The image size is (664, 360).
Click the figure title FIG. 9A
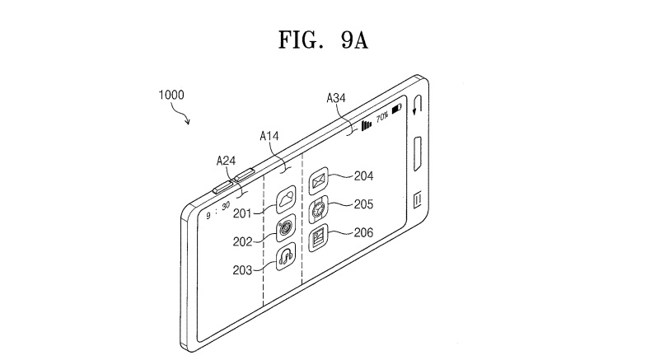coord(323,40)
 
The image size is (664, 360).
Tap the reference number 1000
coord(171,95)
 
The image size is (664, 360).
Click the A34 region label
coord(336,98)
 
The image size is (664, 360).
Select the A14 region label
coord(269,136)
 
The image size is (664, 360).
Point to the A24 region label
coord(226,161)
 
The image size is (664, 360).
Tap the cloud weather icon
coord(286,199)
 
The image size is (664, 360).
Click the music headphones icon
coord(286,257)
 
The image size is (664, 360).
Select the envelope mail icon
coord(319,181)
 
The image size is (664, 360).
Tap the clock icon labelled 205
coord(319,209)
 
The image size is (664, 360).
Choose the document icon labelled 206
coord(319,237)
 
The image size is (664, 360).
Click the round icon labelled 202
coord(286,228)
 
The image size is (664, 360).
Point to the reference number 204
coord(364,175)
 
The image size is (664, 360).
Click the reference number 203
coord(242,269)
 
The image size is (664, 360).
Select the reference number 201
coord(242,213)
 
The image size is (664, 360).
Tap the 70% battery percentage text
coord(382,116)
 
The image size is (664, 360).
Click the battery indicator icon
coord(397,110)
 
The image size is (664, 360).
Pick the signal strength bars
coord(367,125)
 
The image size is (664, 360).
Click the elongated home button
coord(418,154)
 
